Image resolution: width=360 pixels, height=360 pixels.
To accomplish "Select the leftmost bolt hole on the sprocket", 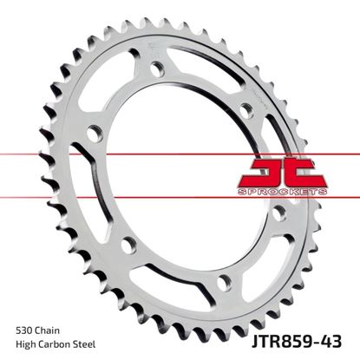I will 95,133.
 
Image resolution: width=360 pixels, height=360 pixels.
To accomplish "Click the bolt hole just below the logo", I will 279,211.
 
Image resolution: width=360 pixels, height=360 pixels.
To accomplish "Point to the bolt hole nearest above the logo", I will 246,108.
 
